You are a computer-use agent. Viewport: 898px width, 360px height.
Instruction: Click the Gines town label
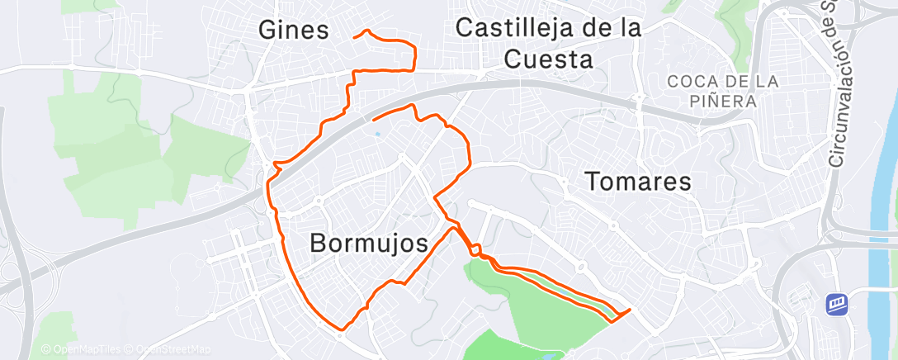click(294, 31)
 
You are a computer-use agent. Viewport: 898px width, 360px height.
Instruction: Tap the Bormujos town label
click(370, 243)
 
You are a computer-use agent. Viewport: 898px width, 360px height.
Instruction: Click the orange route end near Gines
click(355, 36)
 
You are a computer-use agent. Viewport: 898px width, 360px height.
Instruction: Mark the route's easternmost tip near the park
click(630, 310)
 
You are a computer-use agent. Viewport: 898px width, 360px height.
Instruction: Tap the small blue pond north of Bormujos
click(377, 134)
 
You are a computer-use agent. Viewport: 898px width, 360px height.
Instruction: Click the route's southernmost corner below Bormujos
click(340, 328)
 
